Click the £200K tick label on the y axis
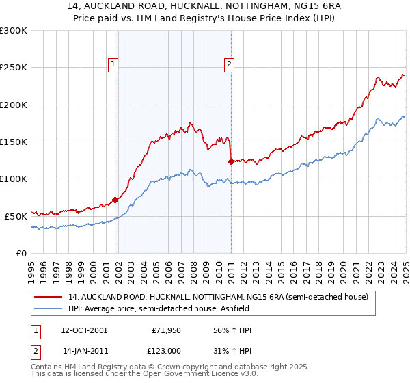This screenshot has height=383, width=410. (14, 105)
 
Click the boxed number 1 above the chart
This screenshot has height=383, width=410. (114, 65)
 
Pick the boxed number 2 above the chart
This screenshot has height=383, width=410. (229, 65)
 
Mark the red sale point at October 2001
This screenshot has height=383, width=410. (115, 200)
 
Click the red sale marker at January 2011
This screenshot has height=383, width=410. (230, 162)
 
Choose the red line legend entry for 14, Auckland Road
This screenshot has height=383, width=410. (218, 297)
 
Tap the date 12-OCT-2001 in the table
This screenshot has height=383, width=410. (84, 330)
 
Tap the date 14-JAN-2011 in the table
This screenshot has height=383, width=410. (84, 350)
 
